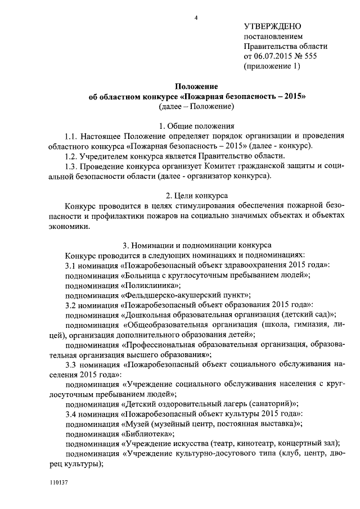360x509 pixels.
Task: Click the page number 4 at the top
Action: [196, 18]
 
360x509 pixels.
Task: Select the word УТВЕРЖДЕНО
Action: [273, 27]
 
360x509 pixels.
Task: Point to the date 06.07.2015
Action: [277, 56]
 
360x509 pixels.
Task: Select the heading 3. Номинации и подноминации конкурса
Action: [196, 246]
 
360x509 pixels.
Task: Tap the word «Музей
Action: [137, 422]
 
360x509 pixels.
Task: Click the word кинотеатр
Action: [262, 443]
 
